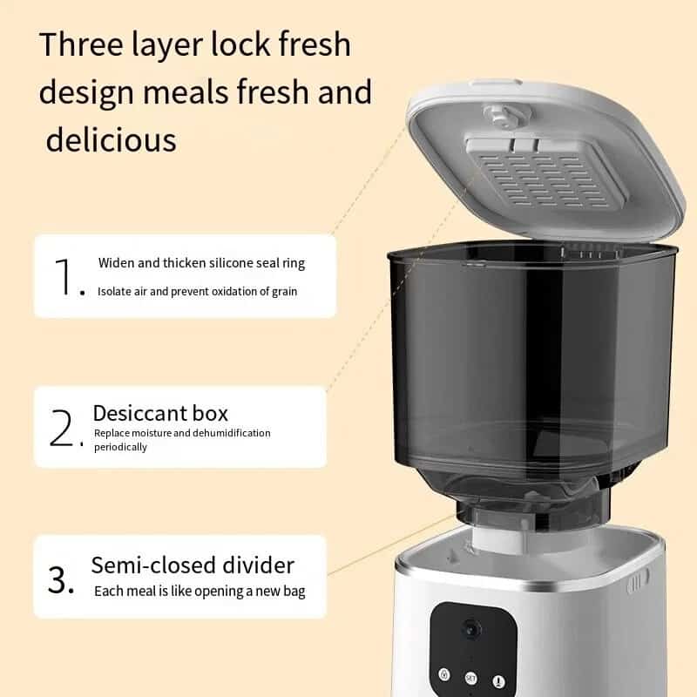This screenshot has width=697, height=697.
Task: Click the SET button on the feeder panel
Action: pyautogui.click(x=470, y=679)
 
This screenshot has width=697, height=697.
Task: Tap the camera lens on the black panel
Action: pyautogui.click(x=470, y=629)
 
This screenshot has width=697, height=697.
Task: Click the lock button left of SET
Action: pyautogui.click(x=444, y=674)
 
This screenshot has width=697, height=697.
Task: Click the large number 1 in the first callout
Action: pyautogui.click(x=63, y=276)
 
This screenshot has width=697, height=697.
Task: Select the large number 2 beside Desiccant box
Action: pyautogui.click(x=62, y=428)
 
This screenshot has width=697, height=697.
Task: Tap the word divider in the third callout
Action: pyautogui.click(x=258, y=565)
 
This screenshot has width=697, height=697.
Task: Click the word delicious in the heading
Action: pyautogui.click(x=112, y=140)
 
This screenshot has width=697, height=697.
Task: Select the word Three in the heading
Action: pyautogui.click(x=81, y=44)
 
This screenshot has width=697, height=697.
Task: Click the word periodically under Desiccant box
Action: pyautogui.click(x=120, y=447)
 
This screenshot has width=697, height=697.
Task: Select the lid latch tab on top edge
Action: pyautogui.click(x=497, y=84)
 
